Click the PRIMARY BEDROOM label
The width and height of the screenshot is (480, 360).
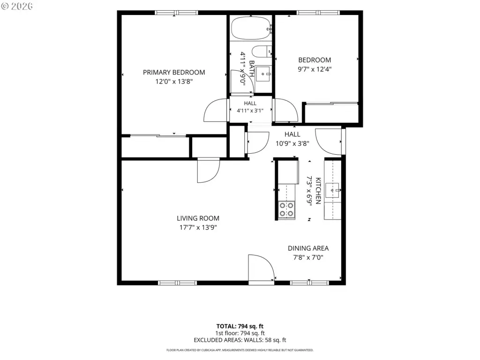(x=174, y=73)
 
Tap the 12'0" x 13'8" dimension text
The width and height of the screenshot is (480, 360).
(x=174, y=82)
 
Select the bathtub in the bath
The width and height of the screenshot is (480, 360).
(x=251, y=28)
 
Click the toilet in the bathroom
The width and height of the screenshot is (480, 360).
(x=262, y=51)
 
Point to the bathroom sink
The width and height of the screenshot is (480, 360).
(x=263, y=74)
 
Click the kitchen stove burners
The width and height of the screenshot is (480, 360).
(x=286, y=210)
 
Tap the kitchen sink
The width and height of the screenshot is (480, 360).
(x=332, y=190)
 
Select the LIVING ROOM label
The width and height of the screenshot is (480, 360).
(x=198, y=218)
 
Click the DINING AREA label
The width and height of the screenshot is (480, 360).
(x=308, y=248)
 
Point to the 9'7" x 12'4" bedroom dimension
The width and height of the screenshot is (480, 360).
(x=315, y=69)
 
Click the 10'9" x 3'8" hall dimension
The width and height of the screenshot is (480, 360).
(x=292, y=143)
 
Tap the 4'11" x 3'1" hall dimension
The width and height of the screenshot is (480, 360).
(x=250, y=111)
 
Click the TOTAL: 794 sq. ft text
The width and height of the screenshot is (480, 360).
(x=240, y=326)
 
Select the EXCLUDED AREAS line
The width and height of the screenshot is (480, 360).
(x=240, y=340)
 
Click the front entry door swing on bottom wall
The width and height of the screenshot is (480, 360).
(x=261, y=267)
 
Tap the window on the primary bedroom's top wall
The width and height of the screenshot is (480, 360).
(x=176, y=13)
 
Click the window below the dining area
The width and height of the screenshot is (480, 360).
(x=309, y=283)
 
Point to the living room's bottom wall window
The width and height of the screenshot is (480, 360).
(x=178, y=283)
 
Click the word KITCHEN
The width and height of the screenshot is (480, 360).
(x=318, y=190)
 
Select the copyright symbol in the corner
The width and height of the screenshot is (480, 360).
(x=5, y=6)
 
